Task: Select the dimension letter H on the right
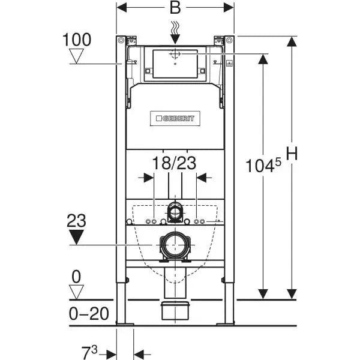(x=292, y=154)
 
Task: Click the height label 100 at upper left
(x=76, y=40)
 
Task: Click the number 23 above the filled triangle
(x=77, y=220)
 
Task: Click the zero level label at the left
(x=76, y=277)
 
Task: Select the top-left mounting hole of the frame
(x=122, y=40)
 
